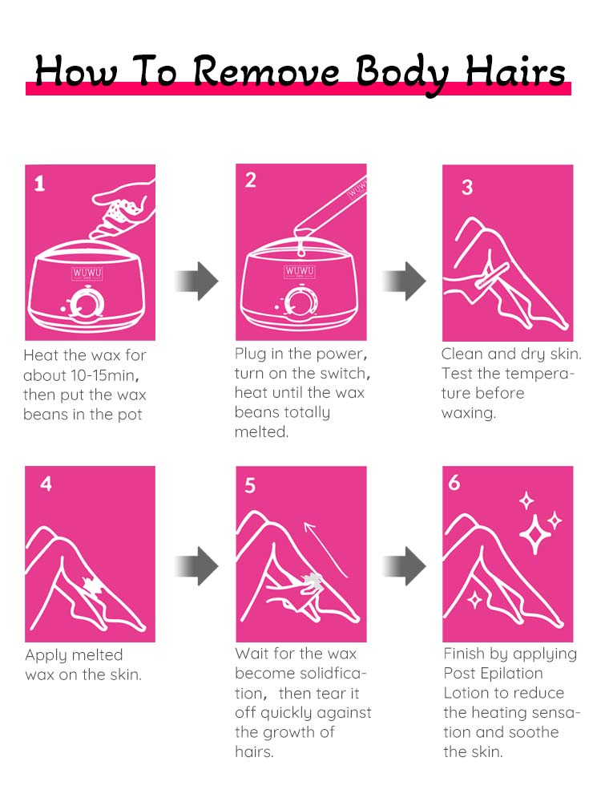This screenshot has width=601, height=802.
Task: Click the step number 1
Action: tap(40, 184)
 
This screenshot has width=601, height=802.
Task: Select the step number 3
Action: tap(467, 187)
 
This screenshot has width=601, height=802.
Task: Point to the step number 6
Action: tap(454, 483)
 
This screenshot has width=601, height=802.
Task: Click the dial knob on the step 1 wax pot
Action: tap(81, 304)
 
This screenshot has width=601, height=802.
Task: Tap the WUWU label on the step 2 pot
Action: tap(300, 271)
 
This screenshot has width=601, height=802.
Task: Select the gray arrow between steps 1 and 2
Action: tap(197, 281)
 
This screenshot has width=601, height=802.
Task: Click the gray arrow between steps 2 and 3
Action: tap(404, 281)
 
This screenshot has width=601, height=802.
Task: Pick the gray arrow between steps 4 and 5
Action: tap(197, 565)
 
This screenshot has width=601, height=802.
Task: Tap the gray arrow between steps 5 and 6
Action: tap(404, 565)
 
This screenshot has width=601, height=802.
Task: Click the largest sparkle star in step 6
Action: tap(535, 535)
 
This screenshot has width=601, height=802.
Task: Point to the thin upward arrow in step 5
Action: tap(325, 550)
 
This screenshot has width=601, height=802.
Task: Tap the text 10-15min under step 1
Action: tap(105, 375)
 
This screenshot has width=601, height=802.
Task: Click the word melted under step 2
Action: tap(262, 432)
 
